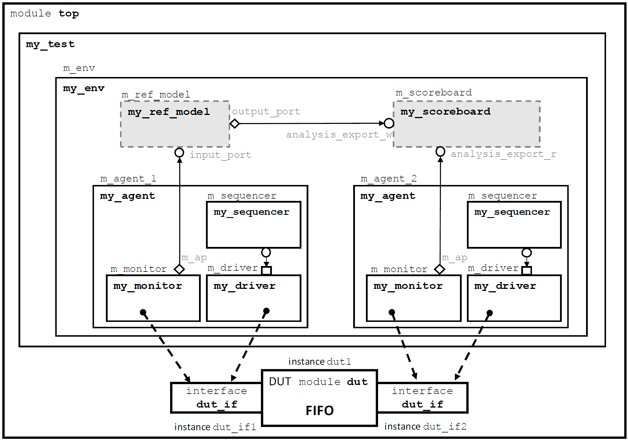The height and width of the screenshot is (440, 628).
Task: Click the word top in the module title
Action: [x=69, y=14]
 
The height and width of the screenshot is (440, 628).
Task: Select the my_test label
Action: [x=50, y=44]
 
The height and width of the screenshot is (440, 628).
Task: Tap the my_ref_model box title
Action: [x=169, y=112]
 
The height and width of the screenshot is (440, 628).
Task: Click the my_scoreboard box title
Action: [x=445, y=112]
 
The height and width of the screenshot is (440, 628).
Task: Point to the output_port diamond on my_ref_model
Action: [x=234, y=124]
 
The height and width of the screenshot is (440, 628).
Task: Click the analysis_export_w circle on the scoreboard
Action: [x=389, y=123]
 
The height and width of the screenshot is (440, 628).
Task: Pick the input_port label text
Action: [x=220, y=155]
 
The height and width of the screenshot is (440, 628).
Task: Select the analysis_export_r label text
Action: [x=503, y=154]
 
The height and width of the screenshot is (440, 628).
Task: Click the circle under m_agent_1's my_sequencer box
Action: [x=266, y=252]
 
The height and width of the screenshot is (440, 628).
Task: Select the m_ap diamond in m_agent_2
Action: [x=440, y=269]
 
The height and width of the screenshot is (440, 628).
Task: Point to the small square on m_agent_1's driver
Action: [x=266, y=271]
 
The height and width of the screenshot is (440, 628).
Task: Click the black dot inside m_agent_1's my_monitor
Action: [x=143, y=312]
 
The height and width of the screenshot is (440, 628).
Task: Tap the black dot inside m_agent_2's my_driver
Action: [x=489, y=313]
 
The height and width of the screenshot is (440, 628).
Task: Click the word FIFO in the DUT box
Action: [x=320, y=410]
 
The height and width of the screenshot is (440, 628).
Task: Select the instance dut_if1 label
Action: [x=215, y=427]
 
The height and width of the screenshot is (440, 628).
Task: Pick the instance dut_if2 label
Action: [x=425, y=426]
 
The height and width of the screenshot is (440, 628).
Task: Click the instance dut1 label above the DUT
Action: [x=320, y=362]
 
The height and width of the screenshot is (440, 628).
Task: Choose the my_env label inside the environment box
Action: [x=84, y=88]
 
